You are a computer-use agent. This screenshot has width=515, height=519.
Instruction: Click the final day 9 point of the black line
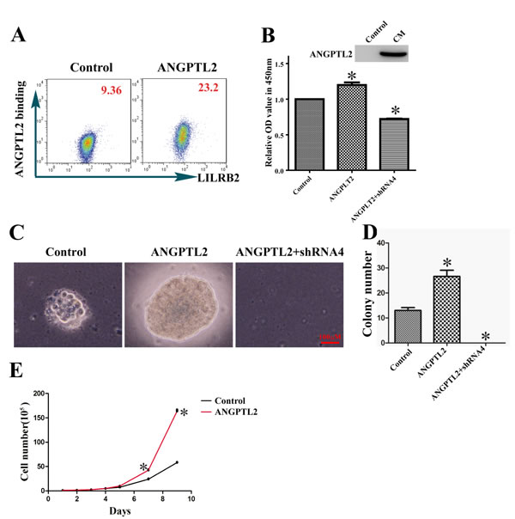tap(177, 462)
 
